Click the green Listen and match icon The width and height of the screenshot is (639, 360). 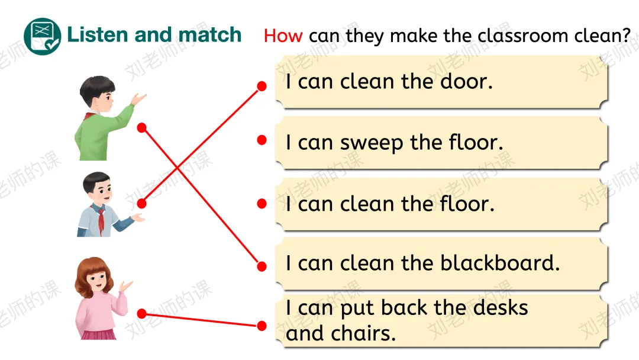click(x=42, y=36)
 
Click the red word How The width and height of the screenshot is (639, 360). click(x=283, y=36)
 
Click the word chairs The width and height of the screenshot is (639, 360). click(x=367, y=333)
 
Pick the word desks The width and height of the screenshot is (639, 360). click(x=498, y=308)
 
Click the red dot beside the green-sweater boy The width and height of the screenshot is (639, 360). click(x=141, y=127)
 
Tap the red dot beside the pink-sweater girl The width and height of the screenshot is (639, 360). click(x=141, y=313)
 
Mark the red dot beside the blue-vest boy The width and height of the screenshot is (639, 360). click(x=141, y=203)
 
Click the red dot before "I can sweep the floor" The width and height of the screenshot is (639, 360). click(x=262, y=140)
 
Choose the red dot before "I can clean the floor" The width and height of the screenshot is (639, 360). click(x=262, y=203)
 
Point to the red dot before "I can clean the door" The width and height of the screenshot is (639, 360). click(x=262, y=86)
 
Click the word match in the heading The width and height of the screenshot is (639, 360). click(x=210, y=34)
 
